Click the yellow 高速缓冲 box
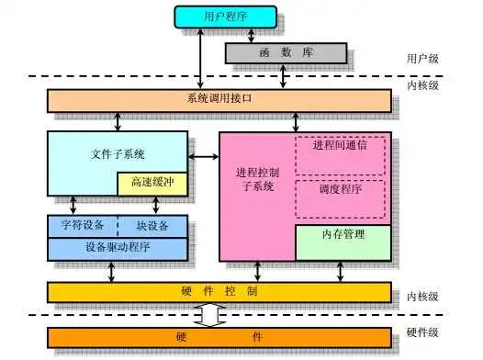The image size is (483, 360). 152,184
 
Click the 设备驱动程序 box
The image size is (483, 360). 118,248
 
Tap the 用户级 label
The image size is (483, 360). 422,59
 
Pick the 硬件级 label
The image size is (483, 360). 422,332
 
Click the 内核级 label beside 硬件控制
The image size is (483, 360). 422,296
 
